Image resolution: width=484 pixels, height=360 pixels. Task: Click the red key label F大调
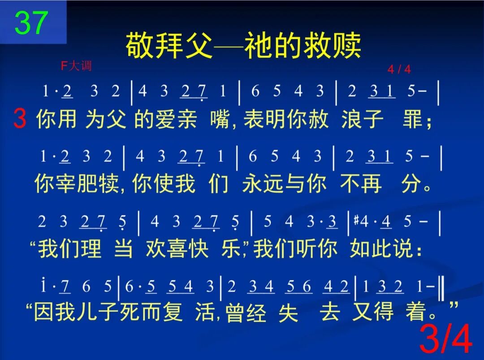tap(76, 66)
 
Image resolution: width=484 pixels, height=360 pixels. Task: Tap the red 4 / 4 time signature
tap(399, 69)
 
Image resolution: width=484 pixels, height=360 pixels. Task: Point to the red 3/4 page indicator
tap(445, 340)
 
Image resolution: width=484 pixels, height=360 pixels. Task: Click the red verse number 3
tap(20, 119)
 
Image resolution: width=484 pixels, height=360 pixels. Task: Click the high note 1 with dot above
tap(44, 286)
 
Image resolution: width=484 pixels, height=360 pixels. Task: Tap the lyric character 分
tap(411, 184)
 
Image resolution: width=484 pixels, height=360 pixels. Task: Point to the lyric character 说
tap(406, 249)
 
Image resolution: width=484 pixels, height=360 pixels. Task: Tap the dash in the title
tap(228, 46)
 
